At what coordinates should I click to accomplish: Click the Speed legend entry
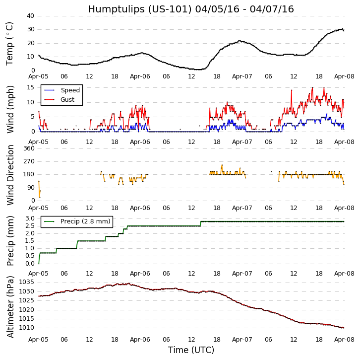(x=70, y=90)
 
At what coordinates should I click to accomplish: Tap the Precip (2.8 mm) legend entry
(x=84, y=221)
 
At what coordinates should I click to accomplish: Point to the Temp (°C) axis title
(x=10, y=43)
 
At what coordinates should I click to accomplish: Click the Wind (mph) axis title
(x=10, y=109)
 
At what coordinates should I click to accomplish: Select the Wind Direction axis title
(x=10, y=175)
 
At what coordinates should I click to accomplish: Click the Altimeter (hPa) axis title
(x=10, y=306)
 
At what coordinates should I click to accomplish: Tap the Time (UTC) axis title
(x=191, y=350)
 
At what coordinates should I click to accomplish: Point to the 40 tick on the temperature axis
(x=30, y=16)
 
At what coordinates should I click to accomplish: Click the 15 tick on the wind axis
(x=30, y=87)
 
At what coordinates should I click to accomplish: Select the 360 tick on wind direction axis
(x=28, y=148)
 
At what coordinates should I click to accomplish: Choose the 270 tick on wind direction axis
(x=28, y=161)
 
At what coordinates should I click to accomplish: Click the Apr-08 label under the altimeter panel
(x=344, y=339)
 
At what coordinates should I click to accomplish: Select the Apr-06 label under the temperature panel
(x=140, y=76)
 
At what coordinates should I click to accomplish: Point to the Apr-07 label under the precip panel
(x=242, y=274)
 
